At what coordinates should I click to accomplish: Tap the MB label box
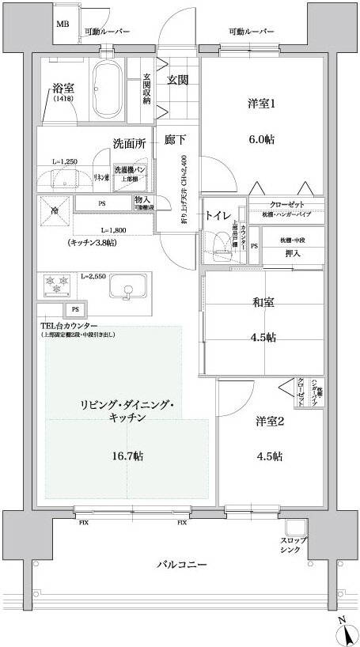[63, 25]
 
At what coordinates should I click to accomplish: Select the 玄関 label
[176, 79]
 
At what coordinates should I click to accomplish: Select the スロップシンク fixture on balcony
[294, 529]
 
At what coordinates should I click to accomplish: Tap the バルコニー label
[180, 565]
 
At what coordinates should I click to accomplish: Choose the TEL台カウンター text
[69, 325]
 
